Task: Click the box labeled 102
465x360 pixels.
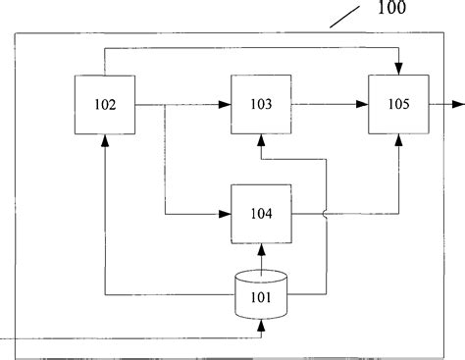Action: (105, 104)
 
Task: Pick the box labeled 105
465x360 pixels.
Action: (398, 104)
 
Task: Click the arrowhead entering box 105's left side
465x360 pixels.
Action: (364, 104)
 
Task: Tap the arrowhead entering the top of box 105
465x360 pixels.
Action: (398, 69)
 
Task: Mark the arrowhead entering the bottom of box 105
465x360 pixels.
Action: (398, 140)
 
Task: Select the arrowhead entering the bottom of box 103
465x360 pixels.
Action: (260, 140)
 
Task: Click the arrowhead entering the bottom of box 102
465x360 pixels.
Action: (105, 140)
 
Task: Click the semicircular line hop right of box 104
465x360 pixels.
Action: (325, 213)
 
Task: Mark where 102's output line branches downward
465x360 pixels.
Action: (166, 104)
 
